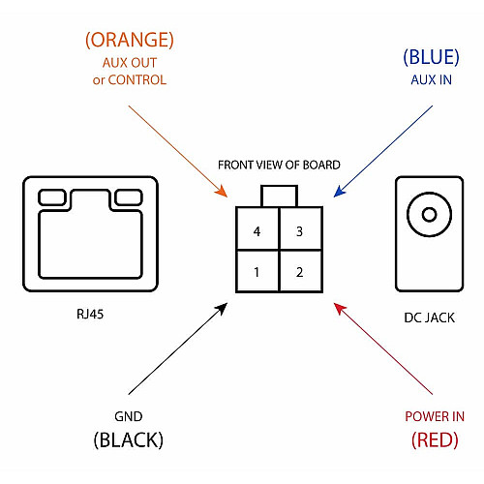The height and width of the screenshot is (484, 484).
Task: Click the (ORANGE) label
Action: (130, 40)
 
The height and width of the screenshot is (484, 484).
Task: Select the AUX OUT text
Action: (130, 63)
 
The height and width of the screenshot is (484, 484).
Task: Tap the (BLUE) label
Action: (431, 57)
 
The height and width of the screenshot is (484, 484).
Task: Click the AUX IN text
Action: (431, 80)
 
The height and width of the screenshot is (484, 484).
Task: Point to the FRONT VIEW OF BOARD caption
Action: (279, 165)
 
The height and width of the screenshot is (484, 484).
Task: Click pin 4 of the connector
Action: (257, 228)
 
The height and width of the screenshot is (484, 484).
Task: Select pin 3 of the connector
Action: (301, 228)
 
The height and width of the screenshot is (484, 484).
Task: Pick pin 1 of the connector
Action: (257, 271)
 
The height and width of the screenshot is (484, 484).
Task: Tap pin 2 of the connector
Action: (301, 271)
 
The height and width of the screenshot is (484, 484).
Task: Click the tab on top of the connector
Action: (279, 196)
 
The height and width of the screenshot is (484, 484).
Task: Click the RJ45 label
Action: (90, 314)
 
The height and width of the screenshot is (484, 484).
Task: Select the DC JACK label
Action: (430, 318)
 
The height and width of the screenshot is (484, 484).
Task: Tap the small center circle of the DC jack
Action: (430, 215)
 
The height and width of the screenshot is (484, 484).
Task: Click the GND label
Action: (129, 416)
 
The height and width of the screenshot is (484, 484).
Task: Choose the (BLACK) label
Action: (129, 439)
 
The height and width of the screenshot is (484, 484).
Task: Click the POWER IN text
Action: (435, 416)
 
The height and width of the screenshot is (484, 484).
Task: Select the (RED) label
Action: (435, 439)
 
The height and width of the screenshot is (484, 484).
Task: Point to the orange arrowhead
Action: (222, 192)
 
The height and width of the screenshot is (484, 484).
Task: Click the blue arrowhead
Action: (340, 191)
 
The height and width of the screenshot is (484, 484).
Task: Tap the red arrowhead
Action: (340, 309)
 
